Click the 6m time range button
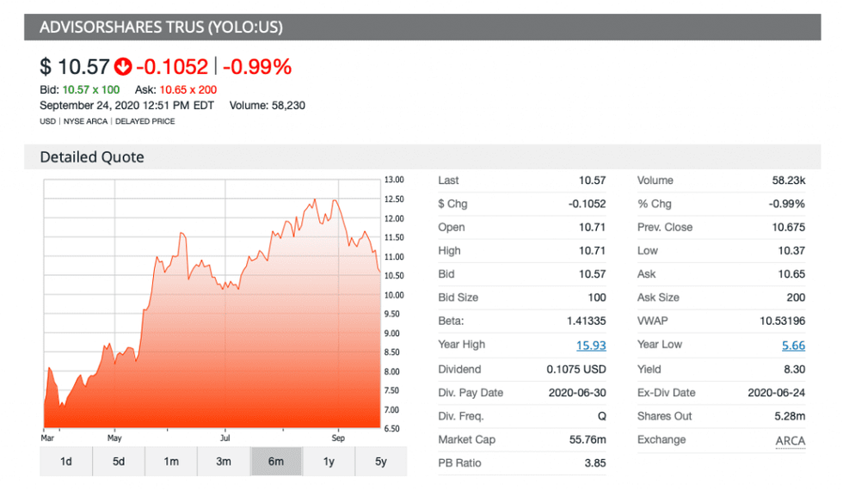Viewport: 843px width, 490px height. click(x=276, y=462)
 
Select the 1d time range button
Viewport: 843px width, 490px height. click(x=66, y=462)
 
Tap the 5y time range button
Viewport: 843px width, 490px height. click(x=380, y=462)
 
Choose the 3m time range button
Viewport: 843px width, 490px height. click(x=224, y=462)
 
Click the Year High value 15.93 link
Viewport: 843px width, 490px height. click(x=591, y=345)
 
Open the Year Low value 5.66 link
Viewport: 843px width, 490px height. click(x=793, y=345)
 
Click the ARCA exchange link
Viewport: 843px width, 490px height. click(x=790, y=441)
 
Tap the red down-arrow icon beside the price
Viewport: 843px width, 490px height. click(x=124, y=66)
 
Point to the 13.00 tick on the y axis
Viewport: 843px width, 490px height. click(x=393, y=180)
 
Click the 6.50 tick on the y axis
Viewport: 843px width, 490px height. click(x=393, y=429)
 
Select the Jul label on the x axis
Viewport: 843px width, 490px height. click(x=225, y=437)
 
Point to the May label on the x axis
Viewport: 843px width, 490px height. click(x=114, y=437)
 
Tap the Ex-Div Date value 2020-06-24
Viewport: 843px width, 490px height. click(x=775, y=393)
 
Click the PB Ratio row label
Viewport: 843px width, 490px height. click(x=460, y=463)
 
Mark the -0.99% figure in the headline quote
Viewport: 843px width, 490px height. click(x=258, y=66)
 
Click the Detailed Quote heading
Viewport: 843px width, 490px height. click(x=92, y=157)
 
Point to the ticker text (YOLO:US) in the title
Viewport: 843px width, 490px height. click(x=244, y=28)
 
